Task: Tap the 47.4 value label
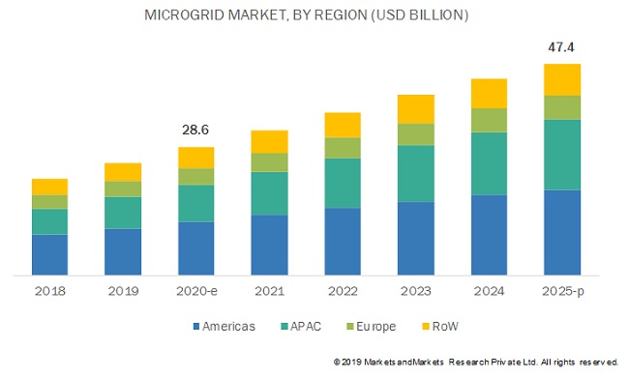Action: pos(561,47)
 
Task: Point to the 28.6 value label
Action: pos(195,129)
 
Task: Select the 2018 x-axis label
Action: pos(49,291)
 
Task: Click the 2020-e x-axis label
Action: pos(195,291)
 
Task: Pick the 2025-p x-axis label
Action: pos(561,291)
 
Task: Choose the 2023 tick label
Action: pos(415,291)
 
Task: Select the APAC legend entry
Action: pos(307,326)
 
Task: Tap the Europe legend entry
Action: pos(374,326)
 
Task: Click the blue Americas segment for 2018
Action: pos(49,254)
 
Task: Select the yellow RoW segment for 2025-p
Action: pos(561,79)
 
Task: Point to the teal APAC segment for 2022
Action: pos(343,183)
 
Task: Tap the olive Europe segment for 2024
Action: pos(489,119)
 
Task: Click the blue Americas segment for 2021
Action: pos(269,245)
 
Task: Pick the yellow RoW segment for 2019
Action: pos(123,171)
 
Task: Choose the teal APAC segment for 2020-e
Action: pos(195,203)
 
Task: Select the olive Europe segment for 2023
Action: pos(415,134)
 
